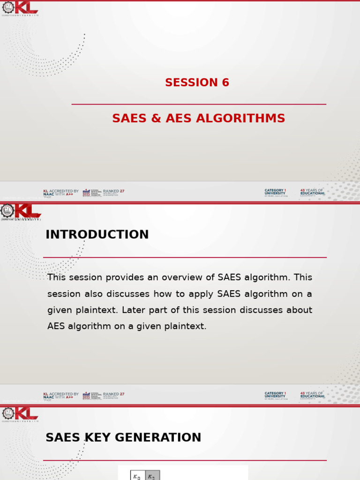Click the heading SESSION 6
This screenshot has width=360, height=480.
[197, 83]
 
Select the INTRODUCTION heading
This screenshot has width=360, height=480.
[97, 235]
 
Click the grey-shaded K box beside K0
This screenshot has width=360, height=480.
[152, 476]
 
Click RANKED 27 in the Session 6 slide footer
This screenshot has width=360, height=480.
[113, 191]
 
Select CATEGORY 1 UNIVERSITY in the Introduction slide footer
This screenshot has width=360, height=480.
[275, 395]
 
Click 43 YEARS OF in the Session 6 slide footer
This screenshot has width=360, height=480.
[312, 191]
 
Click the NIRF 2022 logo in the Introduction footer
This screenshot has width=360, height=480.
[86, 395]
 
